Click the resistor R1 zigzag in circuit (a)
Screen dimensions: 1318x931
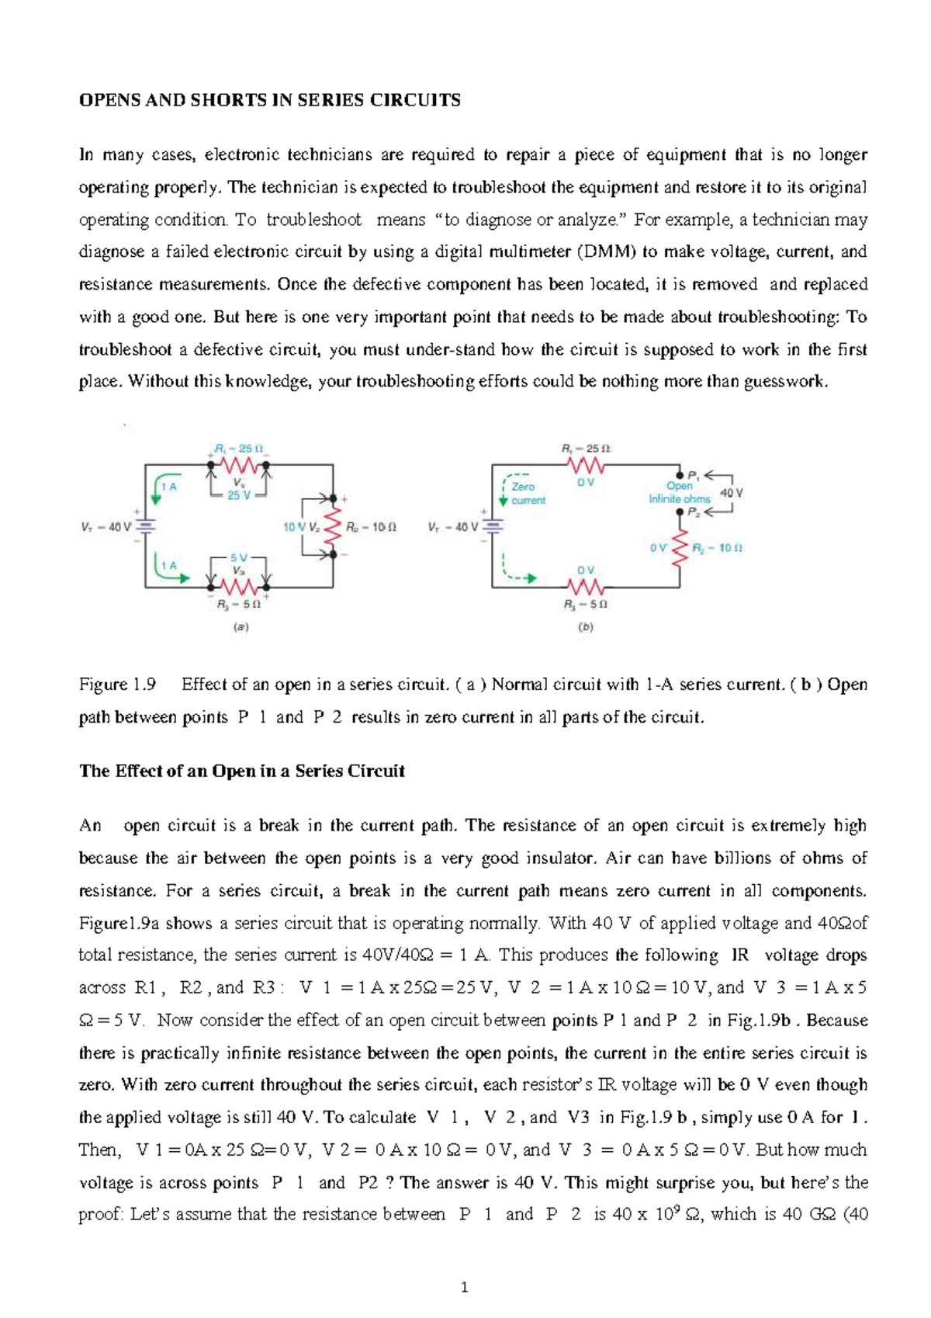click(239, 466)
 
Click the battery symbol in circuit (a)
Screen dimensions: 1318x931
click(145, 525)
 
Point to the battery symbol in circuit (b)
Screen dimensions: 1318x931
click(492, 525)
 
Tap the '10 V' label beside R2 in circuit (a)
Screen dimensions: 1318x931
click(294, 526)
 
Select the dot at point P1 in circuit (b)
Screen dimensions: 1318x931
click(680, 473)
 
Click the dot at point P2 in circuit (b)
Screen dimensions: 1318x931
click(680, 512)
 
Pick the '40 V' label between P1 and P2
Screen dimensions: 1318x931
click(732, 492)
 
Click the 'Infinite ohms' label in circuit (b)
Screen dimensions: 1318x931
click(680, 498)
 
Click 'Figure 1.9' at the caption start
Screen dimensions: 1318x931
click(117, 685)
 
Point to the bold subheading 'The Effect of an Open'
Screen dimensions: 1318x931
click(242, 771)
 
